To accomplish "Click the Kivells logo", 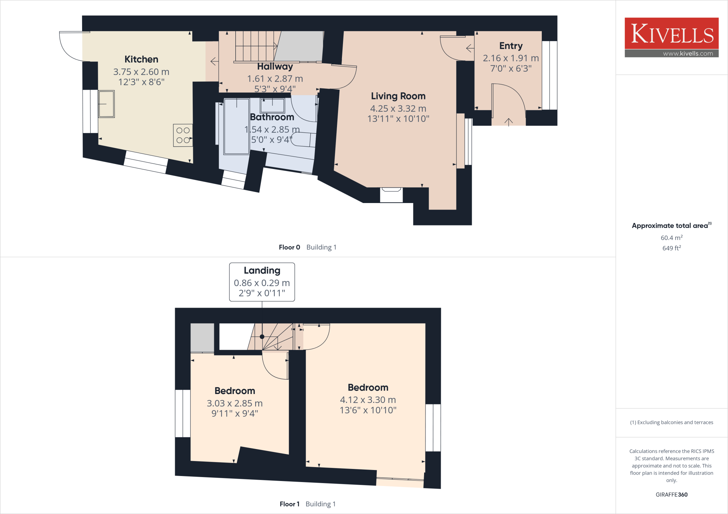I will tap(671, 37).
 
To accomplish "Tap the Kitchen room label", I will tap(141, 59).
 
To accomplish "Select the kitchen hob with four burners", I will tap(183, 135).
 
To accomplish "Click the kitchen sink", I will tap(106, 104).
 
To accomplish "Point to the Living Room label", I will tap(398, 96).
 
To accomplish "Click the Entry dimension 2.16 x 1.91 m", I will tap(510, 58).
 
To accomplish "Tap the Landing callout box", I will tap(262, 282).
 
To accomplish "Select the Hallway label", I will tap(275, 67).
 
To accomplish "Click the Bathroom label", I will tap(272, 117).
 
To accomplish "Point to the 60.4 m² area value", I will tap(671, 238).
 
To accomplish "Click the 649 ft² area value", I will tap(671, 248).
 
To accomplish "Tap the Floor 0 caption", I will tap(289, 247).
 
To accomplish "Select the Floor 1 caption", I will tap(289, 504).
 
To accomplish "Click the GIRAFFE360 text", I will tap(671, 494).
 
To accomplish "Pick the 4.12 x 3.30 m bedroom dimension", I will tap(368, 400).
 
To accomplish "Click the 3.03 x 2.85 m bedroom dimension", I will tap(235, 404).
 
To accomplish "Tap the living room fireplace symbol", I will tap(391, 195).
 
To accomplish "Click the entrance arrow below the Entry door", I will tap(508, 122).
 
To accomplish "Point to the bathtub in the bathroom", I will tap(236, 127).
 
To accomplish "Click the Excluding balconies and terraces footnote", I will tap(671, 422).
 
